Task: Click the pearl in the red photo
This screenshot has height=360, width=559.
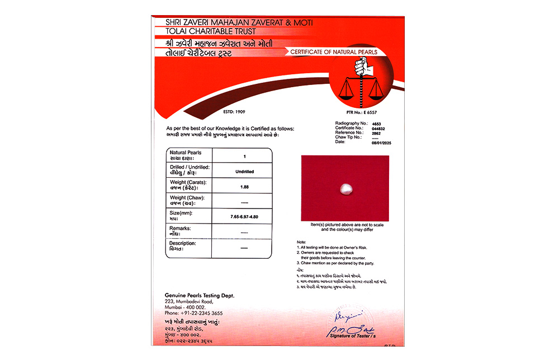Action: point(345,191)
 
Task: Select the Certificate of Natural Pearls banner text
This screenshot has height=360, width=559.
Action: point(334,52)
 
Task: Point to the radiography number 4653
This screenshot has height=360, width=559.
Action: point(376,123)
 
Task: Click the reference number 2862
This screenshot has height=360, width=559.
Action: point(376,132)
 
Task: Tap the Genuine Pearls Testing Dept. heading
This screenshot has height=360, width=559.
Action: point(200,295)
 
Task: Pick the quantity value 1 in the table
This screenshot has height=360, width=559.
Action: point(244,157)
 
